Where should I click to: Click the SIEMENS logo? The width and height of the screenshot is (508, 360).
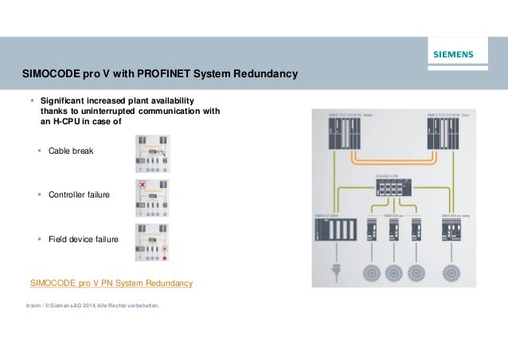pyautogui.click(x=452, y=55)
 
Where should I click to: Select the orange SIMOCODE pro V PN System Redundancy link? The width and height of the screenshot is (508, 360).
pyautogui.click(x=111, y=284)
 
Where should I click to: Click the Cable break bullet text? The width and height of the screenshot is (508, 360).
pyautogui.click(x=71, y=151)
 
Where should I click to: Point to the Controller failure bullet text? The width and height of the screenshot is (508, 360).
pyautogui.click(x=79, y=194)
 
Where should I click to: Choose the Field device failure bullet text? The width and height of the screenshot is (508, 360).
pyautogui.click(x=84, y=239)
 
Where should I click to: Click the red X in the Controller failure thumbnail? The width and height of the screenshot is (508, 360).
pyautogui.click(x=143, y=185)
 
